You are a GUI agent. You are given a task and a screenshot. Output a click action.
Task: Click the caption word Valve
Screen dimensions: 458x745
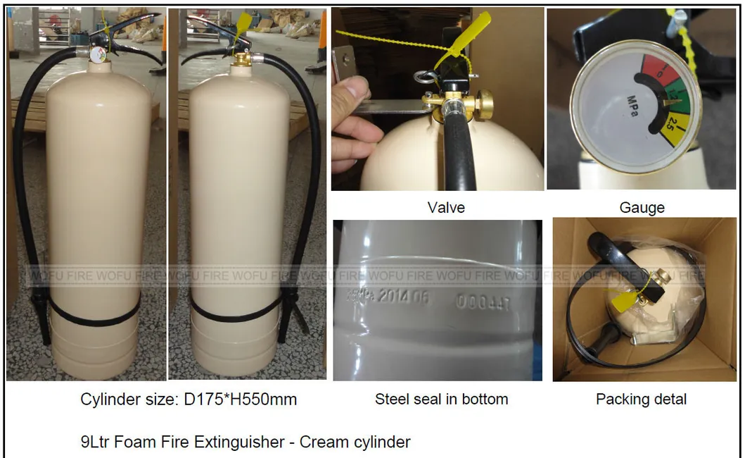click(446, 207)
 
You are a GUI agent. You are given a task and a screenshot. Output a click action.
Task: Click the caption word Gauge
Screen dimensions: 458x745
click(642, 207)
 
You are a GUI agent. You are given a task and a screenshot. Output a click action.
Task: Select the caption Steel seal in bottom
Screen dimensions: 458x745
click(441, 399)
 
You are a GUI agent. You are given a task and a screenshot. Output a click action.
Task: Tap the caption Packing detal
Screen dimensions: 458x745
click(641, 399)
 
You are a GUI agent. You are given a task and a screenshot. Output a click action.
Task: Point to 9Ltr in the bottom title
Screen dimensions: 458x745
click(96, 442)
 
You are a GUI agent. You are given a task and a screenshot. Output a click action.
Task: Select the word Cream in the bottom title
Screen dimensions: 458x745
click(322, 442)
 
